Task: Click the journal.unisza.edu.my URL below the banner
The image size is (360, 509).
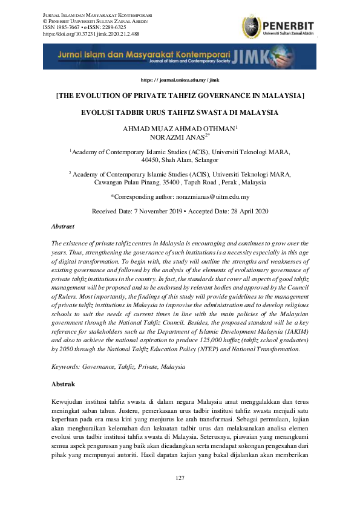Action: (x=180, y=80)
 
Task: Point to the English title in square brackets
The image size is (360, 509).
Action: (x=180, y=96)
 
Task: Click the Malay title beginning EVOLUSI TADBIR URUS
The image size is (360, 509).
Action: (x=180, y=113)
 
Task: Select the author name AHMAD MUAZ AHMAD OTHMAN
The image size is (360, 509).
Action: (x=178, y=129)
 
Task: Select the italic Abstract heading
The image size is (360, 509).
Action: (x=63, y=227)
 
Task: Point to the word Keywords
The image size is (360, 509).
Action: (x=67, y=367)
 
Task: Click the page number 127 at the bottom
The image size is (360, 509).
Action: (x=180, y=478)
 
